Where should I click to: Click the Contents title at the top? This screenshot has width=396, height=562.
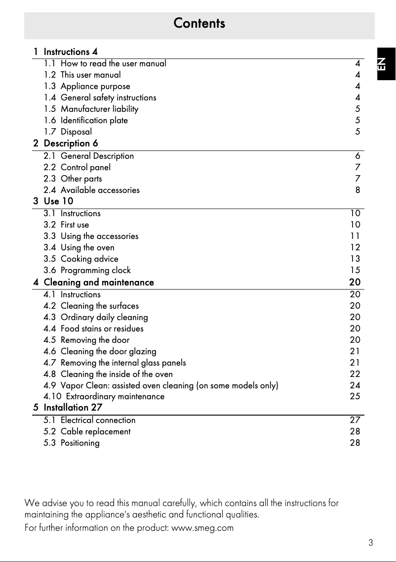(x=199, y=23)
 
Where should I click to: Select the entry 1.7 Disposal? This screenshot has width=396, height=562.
(x=68, y=132)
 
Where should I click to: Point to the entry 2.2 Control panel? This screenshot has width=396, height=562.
(x=77, y=167)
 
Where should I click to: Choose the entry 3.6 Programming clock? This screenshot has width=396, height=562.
(x=87, y=270)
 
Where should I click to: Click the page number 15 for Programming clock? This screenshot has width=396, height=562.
(x=355, y=270)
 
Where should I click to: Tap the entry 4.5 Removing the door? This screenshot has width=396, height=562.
(x=86, y=340)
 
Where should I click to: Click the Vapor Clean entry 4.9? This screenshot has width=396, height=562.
(x=161, y=385)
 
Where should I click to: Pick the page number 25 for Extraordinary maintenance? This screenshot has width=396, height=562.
(x=355, y=396)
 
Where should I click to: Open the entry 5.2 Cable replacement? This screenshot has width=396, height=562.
(x=87, y=431)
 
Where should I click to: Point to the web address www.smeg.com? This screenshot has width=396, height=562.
(x=201, y=528)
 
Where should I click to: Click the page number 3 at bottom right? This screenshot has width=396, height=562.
(x=370, y=543)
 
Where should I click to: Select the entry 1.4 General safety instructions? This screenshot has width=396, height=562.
(x=100, y=97)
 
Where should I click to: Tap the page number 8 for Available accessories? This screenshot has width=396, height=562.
(x=357, y=190)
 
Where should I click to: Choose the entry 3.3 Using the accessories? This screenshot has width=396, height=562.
(x=91, y=236)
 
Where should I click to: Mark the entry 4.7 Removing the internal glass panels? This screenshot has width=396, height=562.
(x=115, y=363)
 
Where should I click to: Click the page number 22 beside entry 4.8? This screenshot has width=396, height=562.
(x=355, y=374)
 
